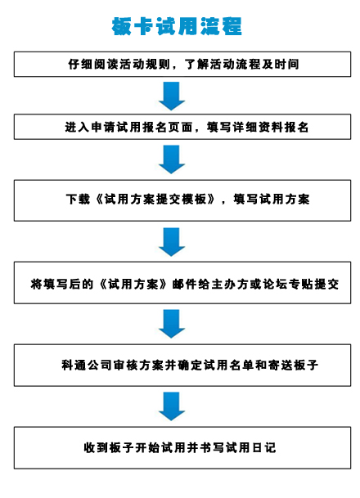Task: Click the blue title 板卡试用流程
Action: pos(177,26)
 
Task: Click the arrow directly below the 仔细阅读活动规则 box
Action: pos(172,96)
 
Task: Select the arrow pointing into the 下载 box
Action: pos(172,159)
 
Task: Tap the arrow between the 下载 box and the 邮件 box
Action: pos(172,242)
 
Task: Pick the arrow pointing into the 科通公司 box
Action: pos(172,324)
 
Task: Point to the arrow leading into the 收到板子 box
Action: pos(172,406)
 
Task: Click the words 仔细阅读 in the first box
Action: pos(88,64)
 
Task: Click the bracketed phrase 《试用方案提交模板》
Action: pos(155,200)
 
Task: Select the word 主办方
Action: pos(230,284)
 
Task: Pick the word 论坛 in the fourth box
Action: pos(276,284)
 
